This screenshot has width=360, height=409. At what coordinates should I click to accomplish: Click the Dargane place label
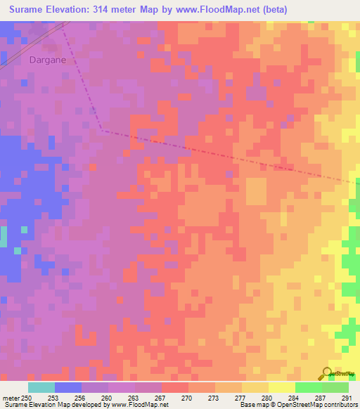tap(48, 60)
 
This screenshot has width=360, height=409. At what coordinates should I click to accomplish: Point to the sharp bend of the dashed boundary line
tap(101, 129)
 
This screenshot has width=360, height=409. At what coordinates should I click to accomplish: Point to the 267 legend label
tap(161, 398)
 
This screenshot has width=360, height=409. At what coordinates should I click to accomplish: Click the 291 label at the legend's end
tap(346, 398)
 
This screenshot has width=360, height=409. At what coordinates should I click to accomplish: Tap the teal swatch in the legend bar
tap(41, 387)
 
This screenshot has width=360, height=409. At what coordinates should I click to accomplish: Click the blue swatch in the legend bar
tap(67, 387)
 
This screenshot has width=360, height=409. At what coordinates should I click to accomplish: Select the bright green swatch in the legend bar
tap(309, 387)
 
